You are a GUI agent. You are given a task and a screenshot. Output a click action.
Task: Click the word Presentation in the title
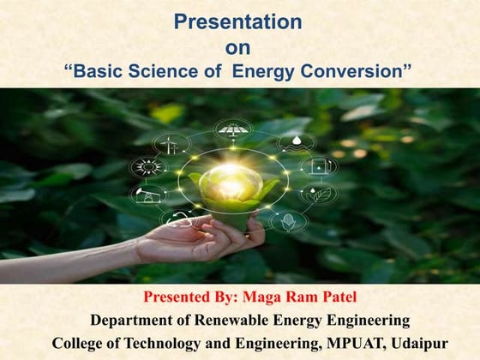(x=237, y=21)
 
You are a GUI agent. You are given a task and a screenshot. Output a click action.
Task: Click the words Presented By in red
(x=185, y=298)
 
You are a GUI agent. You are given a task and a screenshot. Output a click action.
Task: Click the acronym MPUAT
(x=328, y=343)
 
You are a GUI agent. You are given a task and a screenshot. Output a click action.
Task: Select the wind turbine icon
(x=171, y=143)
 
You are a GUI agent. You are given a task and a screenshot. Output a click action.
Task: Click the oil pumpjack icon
(x=148, y=195)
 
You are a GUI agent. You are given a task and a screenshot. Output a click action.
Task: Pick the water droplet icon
(x=296, y=142)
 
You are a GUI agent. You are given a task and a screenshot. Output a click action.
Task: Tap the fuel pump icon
(x=318, y=165)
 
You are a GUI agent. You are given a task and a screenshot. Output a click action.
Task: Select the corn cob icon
(x=288, y=221)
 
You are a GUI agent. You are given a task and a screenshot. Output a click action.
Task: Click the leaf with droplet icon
(x=318, y=195)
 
